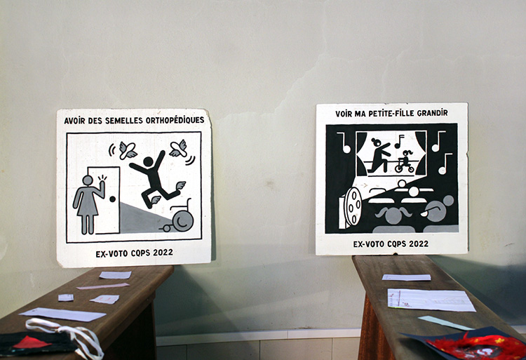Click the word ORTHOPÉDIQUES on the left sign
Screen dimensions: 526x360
point(175,120)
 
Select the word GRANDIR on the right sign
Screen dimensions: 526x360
point(433,113)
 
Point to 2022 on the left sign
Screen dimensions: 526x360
point(163,253)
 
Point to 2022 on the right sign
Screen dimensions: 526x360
point(418,244)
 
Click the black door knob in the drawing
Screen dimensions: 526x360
point(112,199)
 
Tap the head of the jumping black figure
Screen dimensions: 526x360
point(148,161)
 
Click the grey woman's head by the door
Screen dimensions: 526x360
point(88,180)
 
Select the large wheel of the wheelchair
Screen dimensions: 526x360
point(183,220)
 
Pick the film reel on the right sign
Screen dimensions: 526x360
point(353,206)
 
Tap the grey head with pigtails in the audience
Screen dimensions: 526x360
point(393,215)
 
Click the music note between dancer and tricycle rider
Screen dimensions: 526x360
point(399,141)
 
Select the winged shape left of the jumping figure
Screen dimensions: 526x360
point(128,150)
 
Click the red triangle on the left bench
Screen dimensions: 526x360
point(32,342)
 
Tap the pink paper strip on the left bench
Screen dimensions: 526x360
point(102,286)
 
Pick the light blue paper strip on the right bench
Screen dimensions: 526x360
point(445,322)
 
